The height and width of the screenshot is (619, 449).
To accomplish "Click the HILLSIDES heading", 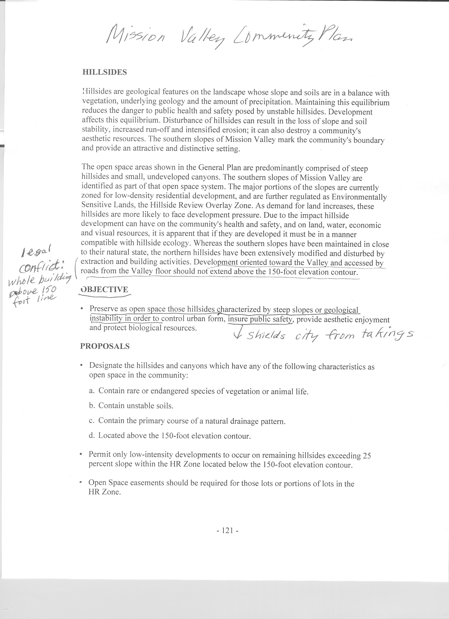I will tap(104, 72).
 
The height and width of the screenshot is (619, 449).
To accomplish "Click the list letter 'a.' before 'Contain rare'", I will tap(92, 391).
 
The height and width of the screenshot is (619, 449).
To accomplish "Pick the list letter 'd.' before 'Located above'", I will tap(92, 435).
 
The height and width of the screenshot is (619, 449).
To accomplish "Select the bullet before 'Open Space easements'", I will tap(81, 483).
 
